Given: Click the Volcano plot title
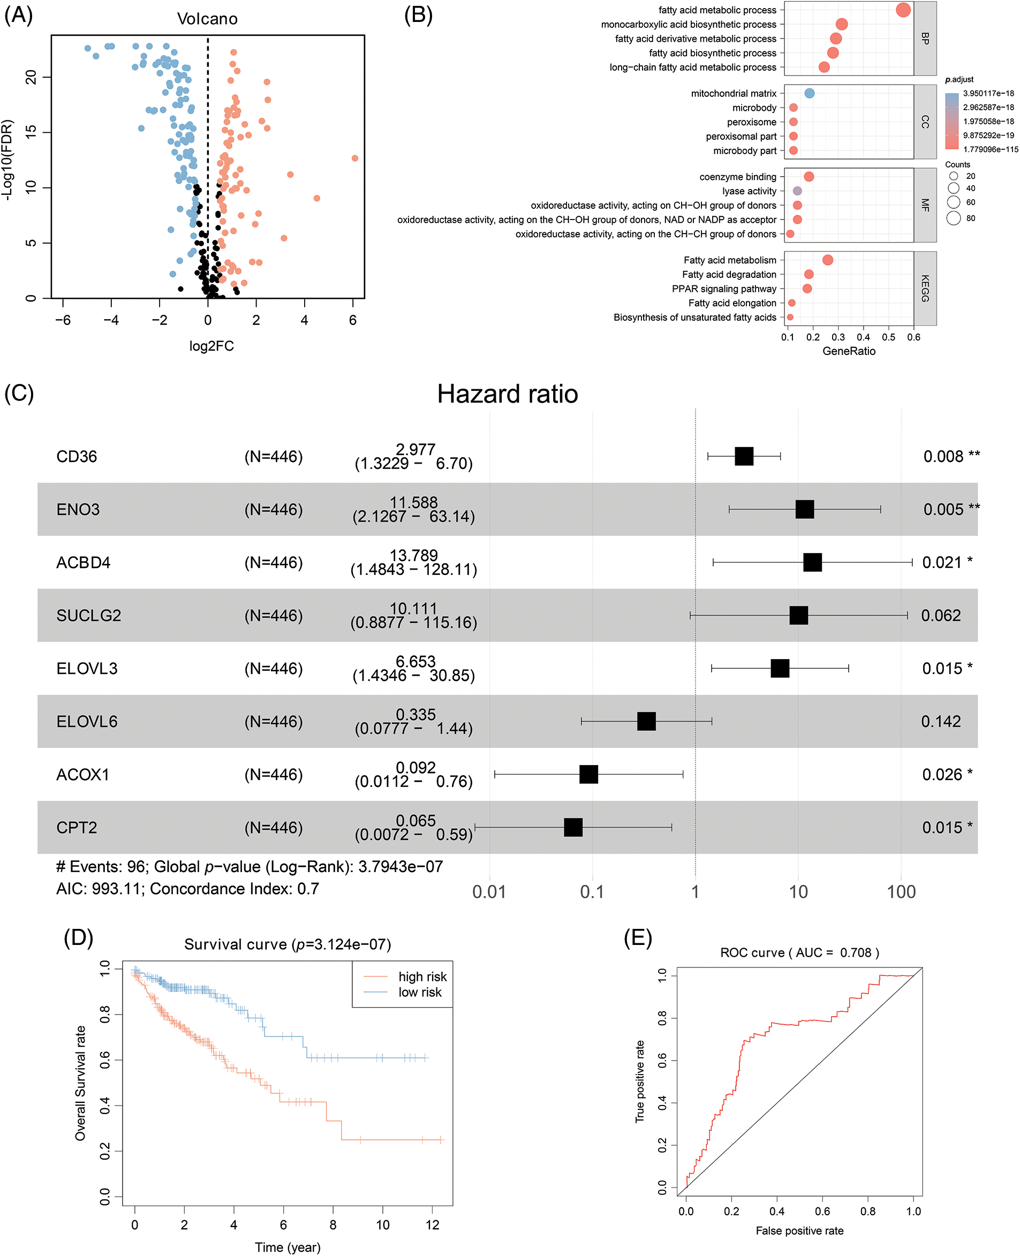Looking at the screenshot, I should click(207, 19).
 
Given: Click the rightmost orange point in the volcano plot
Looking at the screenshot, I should click(355, 158).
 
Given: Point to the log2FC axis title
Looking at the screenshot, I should click(211, 346).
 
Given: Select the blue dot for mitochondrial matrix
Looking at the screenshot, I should click(810, 93).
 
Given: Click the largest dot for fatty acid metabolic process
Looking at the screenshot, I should click(904, 10).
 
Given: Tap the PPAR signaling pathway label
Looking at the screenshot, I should click(724, 289).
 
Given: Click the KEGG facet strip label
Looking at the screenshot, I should click(925, 289).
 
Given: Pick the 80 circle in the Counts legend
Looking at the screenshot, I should click(954, 218).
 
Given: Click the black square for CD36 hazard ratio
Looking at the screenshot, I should click(744, 457).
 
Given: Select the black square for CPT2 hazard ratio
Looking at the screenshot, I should click(573, 827).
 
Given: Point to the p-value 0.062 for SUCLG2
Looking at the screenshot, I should click(941, 616).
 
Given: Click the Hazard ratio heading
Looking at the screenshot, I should click(507, 394).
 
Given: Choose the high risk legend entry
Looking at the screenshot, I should click(422, 977).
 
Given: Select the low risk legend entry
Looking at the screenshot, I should click(420, 992).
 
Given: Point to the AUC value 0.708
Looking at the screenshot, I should click(856, 953).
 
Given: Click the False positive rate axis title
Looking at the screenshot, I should click(799, 1231).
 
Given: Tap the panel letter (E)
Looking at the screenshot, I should click(638, 938).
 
